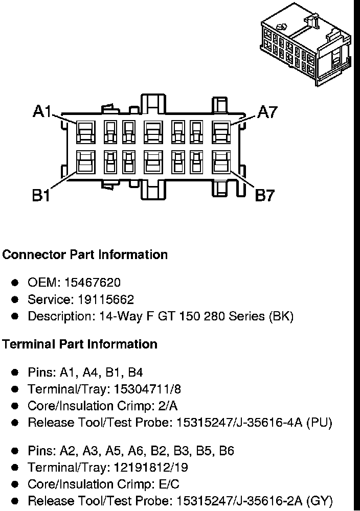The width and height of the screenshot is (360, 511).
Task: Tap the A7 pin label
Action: (266, 111)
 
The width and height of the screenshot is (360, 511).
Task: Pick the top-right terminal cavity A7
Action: (221, 132)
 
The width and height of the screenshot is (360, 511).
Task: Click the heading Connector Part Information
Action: (85, 254)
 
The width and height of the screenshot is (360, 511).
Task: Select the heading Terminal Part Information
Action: (80, 344)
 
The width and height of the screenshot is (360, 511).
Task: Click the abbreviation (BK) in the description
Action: (281, 316)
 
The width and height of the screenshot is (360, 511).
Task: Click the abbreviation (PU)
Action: (319, 423)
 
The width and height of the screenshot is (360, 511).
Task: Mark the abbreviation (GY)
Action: (320, 501)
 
